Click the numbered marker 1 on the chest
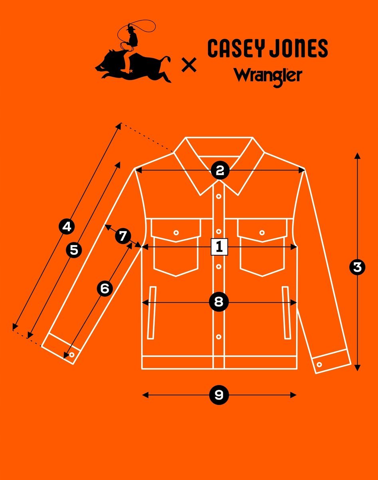pos(219,247)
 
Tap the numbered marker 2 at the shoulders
pos(219,171)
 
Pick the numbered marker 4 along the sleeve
pos(67,227)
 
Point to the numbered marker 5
pos(74,250)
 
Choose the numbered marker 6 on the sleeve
pos(105,288)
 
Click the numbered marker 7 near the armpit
pos(123,236)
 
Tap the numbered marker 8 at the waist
pos(219,302)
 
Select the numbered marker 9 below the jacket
pos(219,395)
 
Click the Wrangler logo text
pos(267,76)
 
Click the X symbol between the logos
pos(189,64)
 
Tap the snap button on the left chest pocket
pos(176,232)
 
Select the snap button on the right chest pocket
pos(262,232)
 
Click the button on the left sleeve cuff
pos(72,354)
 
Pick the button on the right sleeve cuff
pos(320,364)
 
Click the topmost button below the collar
pos(219,196)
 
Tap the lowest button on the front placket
pos(219,336)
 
